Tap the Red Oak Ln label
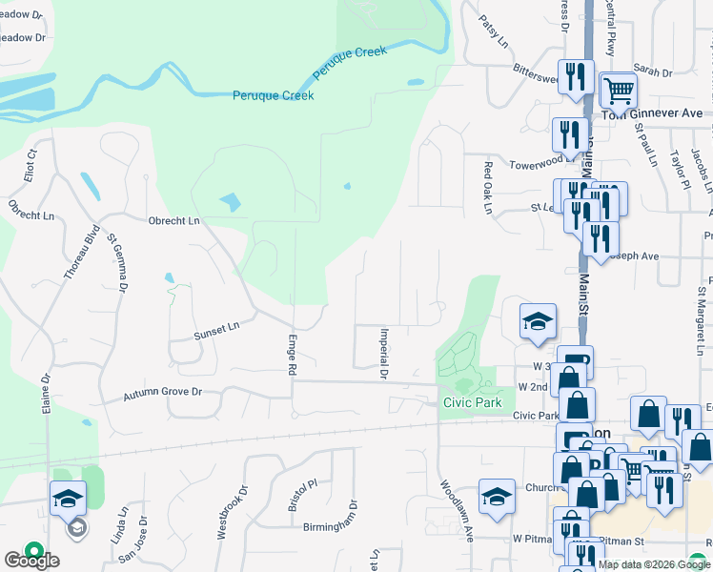click(x=488, y=187)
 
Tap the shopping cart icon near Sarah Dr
click(x=619, y=91)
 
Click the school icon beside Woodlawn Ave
click(x=497, y=497)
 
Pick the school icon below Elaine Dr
click(x=68, y=499)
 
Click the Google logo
click(x=32, y=561)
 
